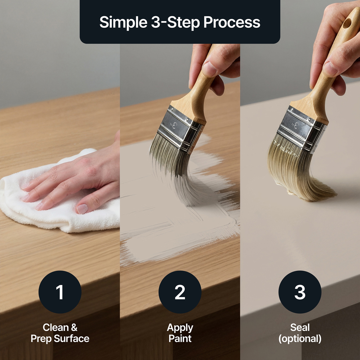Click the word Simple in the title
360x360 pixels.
pos(123,22)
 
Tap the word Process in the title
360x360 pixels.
pos(232,22)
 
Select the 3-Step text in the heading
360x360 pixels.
pos(175,22)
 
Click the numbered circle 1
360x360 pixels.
pos(60,292)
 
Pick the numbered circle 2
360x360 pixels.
pos(180,292)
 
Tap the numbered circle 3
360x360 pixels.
pos(300,292)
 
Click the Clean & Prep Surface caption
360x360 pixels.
pos(60,333)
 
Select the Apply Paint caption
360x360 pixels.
pos(180,333)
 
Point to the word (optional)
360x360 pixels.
pos(300,339)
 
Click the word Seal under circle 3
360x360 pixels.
pos(300,327)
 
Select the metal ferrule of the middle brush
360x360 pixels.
pos(180,129)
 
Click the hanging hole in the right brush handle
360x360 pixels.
pos(347,23)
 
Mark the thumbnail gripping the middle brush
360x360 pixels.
pos(209,69)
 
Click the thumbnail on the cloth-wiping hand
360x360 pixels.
pos(82,209)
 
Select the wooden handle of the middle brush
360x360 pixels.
pos(197,92)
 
